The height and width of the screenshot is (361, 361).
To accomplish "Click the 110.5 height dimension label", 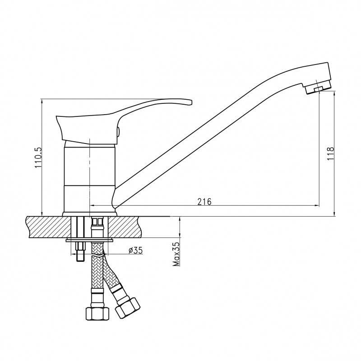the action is (38, 157).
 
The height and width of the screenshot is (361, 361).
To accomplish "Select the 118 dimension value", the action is (330, 153).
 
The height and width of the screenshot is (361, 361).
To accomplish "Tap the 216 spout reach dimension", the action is (204, 201).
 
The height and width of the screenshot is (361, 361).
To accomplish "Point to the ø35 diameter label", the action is (136, 250).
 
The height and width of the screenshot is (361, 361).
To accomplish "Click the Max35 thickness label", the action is (176, 254).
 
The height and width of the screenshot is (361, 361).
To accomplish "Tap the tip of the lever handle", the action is (191, 102).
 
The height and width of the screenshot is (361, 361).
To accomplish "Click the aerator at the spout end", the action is (318, 87).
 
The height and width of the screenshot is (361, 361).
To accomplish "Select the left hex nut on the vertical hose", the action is (97, 314).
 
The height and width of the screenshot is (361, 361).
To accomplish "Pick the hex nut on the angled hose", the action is (128, 308).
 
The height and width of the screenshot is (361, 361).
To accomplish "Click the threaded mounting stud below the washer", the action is (80, 252).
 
